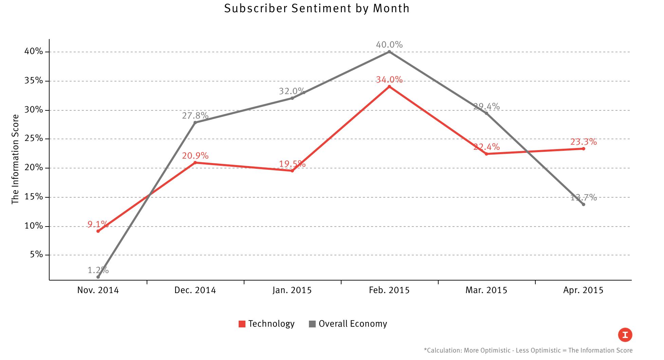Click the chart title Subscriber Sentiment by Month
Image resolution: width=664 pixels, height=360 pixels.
click(316, 8)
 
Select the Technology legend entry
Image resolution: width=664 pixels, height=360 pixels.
click(266, 324)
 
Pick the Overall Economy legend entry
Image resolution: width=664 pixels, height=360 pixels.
click(348, 324)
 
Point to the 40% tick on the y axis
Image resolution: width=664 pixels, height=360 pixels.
click(34, 52)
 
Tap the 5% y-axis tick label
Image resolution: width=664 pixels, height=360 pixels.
click(36, 254)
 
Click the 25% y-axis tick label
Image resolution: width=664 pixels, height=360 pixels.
click(34, 139)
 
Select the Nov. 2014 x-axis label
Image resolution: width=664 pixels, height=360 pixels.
click(98, 290)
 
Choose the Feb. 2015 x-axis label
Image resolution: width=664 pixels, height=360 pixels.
click(389, 290)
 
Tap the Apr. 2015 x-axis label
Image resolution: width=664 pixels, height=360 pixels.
click(583, 290)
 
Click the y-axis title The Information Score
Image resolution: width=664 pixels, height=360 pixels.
click(15, 159)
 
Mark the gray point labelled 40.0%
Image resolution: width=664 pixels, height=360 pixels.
click(389, 52)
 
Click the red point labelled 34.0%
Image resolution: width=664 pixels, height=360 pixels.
click(389, 87)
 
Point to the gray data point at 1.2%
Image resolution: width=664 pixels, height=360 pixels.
click(98, 277)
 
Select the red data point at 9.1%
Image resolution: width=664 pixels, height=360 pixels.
click(98, 231)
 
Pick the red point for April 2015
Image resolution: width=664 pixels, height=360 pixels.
click(584, 148)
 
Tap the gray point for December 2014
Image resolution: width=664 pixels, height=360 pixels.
click(195, 122)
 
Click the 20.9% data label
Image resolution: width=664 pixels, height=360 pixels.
click(195, 156)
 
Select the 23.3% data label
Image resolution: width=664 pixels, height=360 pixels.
click(584, 142)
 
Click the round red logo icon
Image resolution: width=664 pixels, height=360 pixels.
click(625, 335)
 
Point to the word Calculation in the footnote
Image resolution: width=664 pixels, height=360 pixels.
click(443, 350)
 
